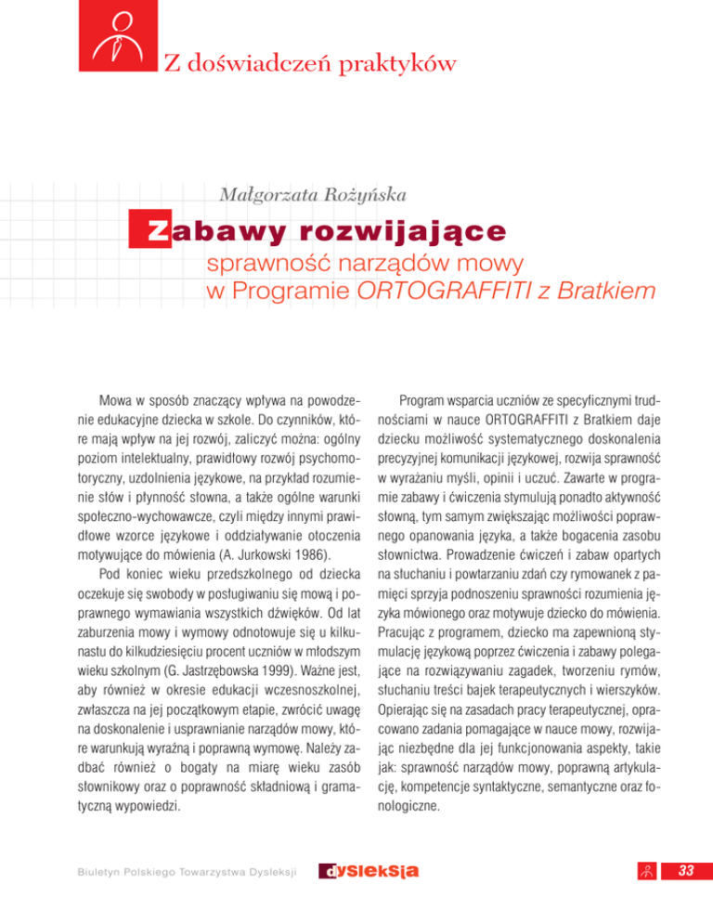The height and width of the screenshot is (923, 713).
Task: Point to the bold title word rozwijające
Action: coord(418,229)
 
